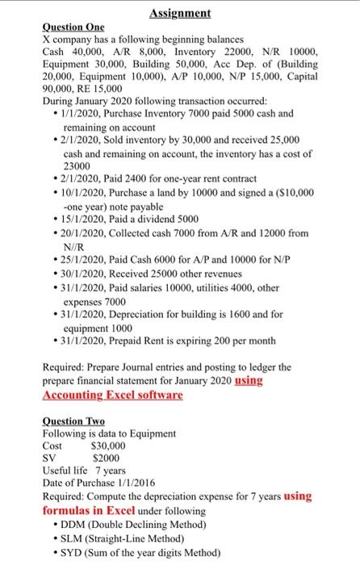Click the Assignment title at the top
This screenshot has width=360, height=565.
tap(180, 13)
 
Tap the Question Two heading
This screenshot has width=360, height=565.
tap(75, 421)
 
